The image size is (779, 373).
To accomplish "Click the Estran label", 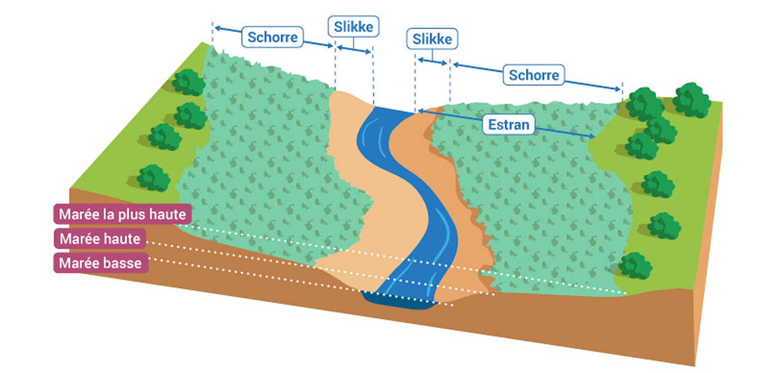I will (508, 124).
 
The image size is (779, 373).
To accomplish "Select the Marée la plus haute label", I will (122, 214).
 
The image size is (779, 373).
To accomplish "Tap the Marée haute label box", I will (100, 239).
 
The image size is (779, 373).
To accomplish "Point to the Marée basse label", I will (100, 263).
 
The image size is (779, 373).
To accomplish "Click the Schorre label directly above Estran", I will (533, 75).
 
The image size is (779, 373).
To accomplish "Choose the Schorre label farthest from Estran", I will (272, 37).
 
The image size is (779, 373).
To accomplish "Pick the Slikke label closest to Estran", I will (432, 39).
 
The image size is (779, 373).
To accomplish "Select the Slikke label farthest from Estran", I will (353, 27).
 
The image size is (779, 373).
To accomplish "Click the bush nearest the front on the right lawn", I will (635, 266).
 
